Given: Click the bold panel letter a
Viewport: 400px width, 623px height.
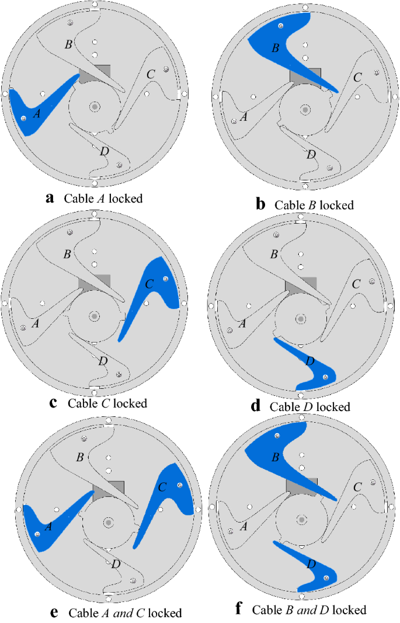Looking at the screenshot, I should coord(50,197).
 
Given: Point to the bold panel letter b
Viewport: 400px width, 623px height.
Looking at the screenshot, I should coord(260,204).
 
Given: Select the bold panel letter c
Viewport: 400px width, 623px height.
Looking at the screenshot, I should coord(54,402).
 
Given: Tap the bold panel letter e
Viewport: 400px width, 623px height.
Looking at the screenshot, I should coord(54,612).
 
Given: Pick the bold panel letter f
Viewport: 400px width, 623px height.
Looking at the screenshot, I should coord(238,610).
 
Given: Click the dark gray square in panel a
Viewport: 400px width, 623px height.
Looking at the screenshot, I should coord(95,73).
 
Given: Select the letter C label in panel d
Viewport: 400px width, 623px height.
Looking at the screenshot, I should coord(356,284).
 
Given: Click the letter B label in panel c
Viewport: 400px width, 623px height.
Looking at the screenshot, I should coord(68,255).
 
